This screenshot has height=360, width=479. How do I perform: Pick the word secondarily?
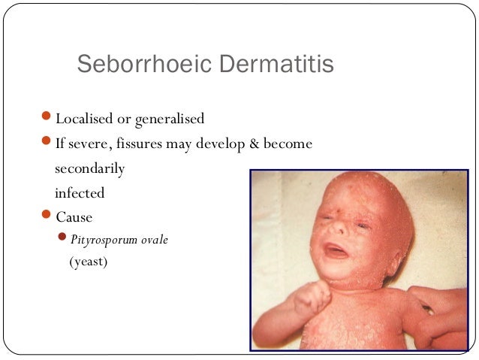[89, 168]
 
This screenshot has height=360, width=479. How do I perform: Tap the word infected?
[80, 193]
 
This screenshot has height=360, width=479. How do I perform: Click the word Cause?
[74, 218]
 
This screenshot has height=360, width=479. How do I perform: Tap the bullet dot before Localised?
[47, 118]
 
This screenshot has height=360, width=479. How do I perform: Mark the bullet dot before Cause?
[47, 216]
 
